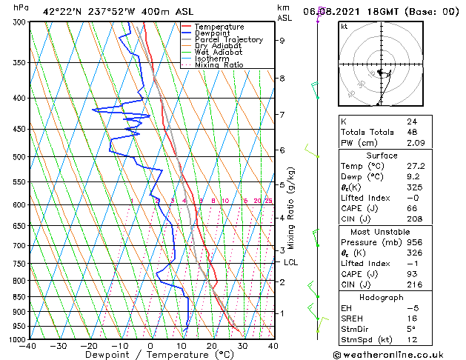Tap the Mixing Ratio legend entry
point(219,65)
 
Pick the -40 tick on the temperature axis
point(28,346)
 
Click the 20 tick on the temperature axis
point(212,346)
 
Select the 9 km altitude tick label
point(282,41)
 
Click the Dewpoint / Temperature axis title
point(151,355)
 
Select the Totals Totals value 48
point(412,133)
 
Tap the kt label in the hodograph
point(344,27)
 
